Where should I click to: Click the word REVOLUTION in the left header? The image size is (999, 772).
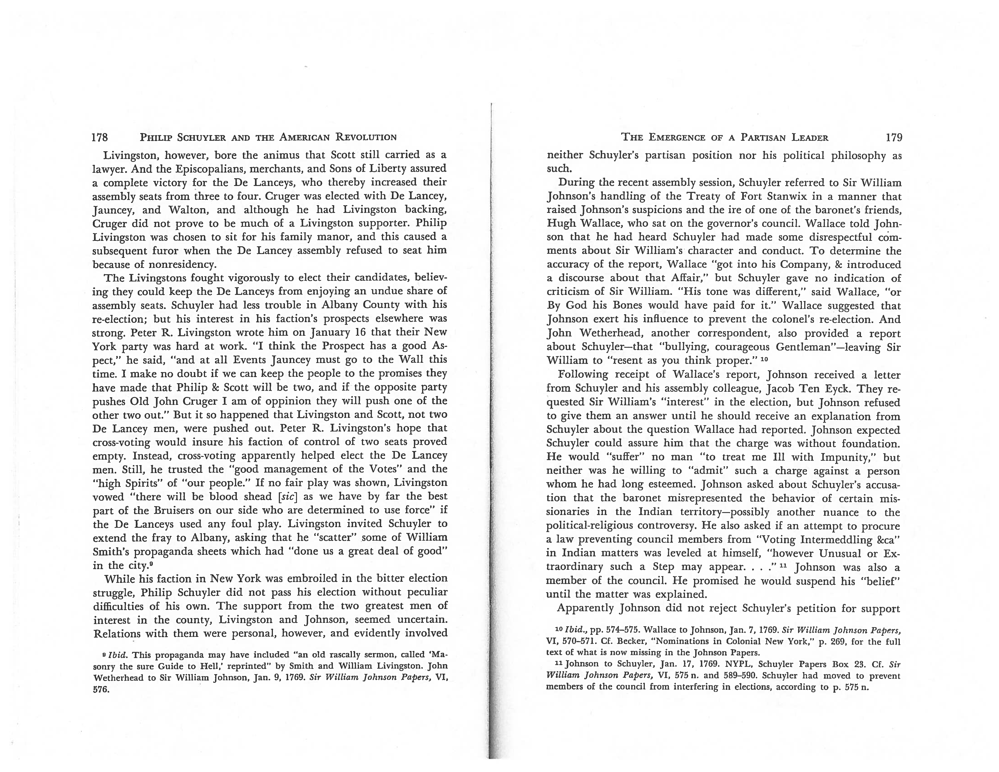366,137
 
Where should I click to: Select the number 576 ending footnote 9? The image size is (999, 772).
101,690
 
